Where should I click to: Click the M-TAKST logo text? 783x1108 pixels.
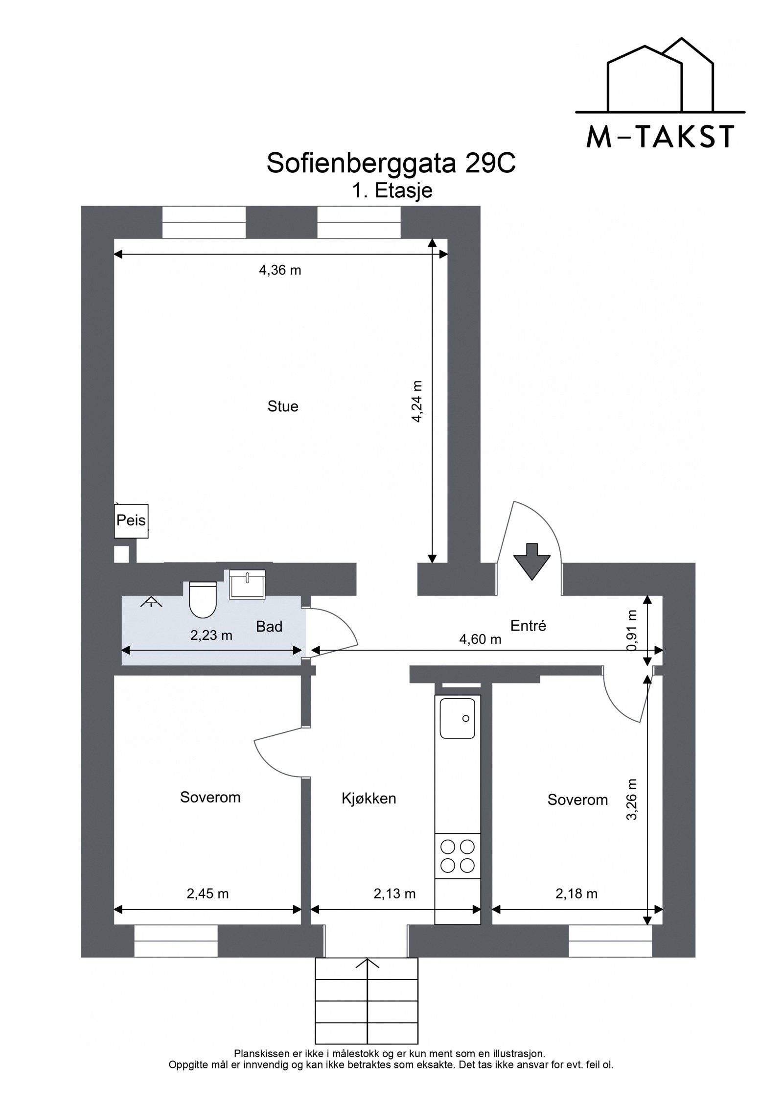tap(660, 137)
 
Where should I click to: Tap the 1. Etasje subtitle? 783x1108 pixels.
tap(392, 190)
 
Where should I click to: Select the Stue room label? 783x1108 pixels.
tap(282, 406)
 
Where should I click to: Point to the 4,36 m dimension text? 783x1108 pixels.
tap(280, 270)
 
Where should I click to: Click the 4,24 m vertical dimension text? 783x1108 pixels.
tap(416, 401)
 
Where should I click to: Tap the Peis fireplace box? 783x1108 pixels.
tap(131, 520)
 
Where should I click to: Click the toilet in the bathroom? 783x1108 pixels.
tap(202, 599)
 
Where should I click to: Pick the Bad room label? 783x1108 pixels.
tap(269, 626)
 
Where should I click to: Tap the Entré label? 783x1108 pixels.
tap(528, 625)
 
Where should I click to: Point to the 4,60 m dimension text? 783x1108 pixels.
tap(481, 639)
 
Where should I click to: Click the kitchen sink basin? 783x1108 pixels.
tap(457, 718)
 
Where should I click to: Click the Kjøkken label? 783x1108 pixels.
tap(368, 799)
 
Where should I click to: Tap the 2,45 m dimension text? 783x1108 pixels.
tap(207, 894)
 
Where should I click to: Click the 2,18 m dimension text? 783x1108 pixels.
tap(576, 894)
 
